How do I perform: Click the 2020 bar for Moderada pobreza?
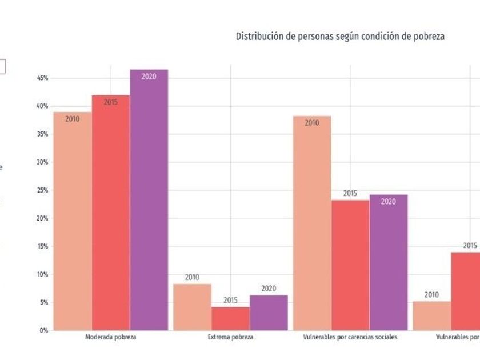pyautogui.click(x=149, y=200)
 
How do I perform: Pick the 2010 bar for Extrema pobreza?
pyautogui.click(x=192, y=307)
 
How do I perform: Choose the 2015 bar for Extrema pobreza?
pyautogui.click(x=230, y=319)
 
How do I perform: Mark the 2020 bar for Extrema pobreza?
pyautogui.click(x=269, y=313)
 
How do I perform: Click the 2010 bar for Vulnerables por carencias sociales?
pyautogui.click(x=312, y=223)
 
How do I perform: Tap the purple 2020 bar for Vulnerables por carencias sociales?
pyautogui.click(x=389, y=262)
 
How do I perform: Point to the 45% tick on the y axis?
pyautogui.click(x=43, y=78)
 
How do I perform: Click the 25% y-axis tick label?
pyautogui.click(x=43, y=190)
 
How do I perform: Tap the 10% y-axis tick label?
pyautogui.click(x=43, y=274)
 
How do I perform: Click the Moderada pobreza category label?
pyautogui.click(x=110, y=338)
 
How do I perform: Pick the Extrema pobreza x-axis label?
pyautogui.click(x=230, y=338)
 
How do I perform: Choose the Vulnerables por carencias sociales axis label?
pyautogui.click(x=350, y=338)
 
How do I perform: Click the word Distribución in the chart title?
pyautogui.click(x=258, y=36)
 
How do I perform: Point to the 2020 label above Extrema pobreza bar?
pyautogui.click(x=269, y=289)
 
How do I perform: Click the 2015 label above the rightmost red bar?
pyautogui.click(x=470, y=246)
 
